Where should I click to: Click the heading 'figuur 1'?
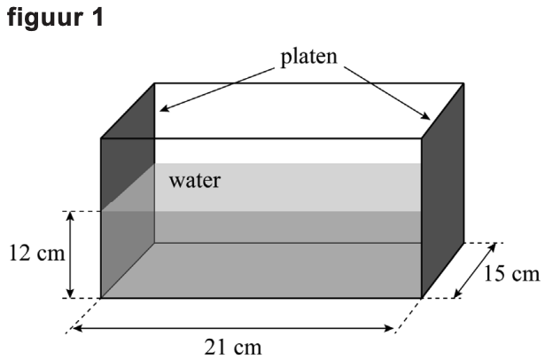point(55,17)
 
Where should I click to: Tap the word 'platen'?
point(309,57)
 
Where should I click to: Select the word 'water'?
point(195,181)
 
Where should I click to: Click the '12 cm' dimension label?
point(37,253)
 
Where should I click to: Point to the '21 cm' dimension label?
point(233,347)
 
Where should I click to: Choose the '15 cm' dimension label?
point(511,273)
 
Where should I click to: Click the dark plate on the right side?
point(442,191)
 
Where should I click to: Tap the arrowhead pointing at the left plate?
point(164,108)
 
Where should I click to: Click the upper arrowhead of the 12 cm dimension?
point(70,216)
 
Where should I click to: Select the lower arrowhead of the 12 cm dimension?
point(70,293)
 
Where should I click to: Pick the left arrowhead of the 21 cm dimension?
point(77,328)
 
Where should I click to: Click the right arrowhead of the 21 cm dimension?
point(388,328)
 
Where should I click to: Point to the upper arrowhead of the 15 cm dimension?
point(491,247)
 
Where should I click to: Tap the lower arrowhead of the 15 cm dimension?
point(458,293)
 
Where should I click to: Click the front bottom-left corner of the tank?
point(101,298)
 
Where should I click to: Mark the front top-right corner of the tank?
point(421,138)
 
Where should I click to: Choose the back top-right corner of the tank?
point(463,83)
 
